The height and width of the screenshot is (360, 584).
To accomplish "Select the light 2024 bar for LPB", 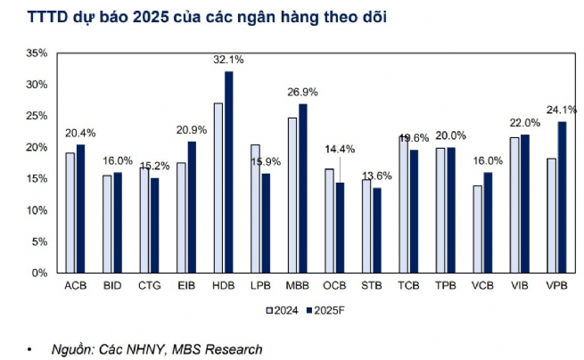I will [255, 209].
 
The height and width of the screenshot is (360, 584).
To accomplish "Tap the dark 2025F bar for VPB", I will [563, 197].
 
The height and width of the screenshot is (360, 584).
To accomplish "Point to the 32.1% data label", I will [228, 59].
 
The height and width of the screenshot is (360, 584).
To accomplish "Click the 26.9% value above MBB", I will [301, 92].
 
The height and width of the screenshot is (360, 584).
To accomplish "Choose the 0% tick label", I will [38, 274].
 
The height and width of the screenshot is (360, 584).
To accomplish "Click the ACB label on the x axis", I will [76, 286].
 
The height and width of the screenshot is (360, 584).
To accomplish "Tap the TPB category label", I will [446, 286].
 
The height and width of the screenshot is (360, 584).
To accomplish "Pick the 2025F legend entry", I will [333, 309].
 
